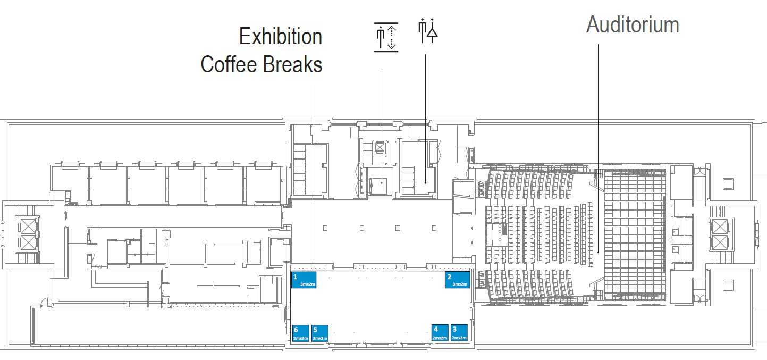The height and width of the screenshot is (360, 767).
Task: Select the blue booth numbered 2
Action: [457, 280]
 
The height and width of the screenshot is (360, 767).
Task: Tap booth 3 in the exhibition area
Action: [459, 333]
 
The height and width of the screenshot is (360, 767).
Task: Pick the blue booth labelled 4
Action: [440, 333]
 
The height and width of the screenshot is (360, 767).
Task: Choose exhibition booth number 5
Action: [320, 333]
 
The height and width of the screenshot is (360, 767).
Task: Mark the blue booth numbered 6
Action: [301, 333]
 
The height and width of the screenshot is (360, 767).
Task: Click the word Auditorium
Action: [633, 24]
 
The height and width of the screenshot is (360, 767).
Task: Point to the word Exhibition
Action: [281, 37]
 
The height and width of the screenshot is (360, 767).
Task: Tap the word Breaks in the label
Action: [293, 65]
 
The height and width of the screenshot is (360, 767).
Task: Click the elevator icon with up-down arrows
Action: [386, 37]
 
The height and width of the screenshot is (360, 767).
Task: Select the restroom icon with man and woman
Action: [428, 31]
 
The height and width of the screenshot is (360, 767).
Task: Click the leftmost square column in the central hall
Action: [325, 228]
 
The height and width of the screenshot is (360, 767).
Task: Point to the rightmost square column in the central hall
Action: [434, 228]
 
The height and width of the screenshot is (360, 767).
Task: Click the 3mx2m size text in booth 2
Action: [460, 284]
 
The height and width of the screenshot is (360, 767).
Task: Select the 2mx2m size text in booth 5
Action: [320, 338]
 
